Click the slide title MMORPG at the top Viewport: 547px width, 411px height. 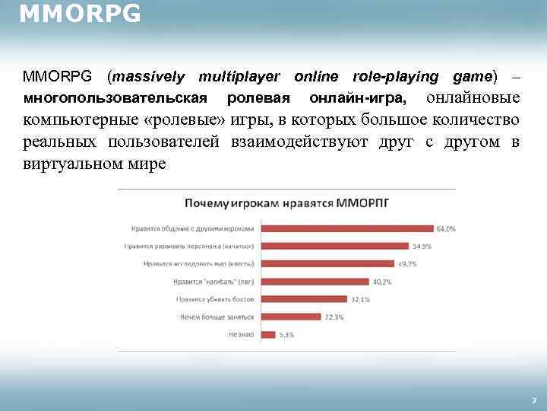[80, 14]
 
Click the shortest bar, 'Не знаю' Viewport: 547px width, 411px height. [267, 334]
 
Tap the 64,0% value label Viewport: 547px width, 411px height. [446, 228]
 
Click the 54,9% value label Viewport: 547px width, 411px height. [422, 246]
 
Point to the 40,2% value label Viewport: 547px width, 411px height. [382, 282]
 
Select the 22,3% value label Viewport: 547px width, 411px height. [335, 317]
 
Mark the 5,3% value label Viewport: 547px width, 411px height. [286, 334]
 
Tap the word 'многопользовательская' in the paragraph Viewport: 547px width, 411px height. [115, 99]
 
